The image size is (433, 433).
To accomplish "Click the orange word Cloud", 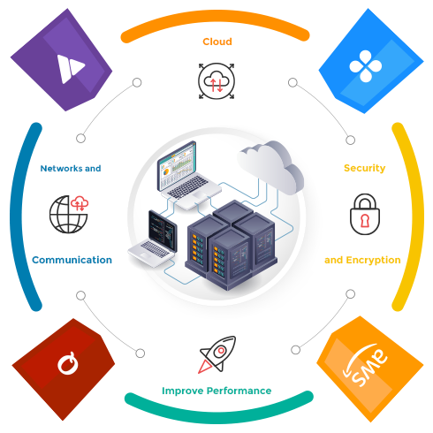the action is pos(217,42).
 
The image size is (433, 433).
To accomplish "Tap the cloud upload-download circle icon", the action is pos(216,80).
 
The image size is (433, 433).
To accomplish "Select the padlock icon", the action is pos(365,214).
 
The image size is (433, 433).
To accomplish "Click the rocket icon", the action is pos(217,354).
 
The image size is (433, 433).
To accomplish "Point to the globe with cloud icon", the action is pos(69,214).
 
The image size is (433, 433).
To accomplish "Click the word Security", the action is pos(365,168).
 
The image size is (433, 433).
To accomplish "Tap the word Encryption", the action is pos(373,260).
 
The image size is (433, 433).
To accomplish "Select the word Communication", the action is pos(72,260).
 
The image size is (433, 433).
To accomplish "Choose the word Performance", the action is pos(239,391).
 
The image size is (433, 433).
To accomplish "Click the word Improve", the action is pos(183,391).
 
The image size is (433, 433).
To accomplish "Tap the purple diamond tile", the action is pos(61,60).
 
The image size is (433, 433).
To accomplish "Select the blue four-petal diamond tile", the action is pos(371,61).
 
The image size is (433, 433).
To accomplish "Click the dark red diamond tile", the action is pos(64,369).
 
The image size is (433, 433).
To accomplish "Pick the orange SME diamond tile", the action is pos(370,368).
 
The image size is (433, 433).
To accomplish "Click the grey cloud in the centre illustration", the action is pos(271,166).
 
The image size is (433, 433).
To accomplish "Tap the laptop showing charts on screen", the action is pos(188,176).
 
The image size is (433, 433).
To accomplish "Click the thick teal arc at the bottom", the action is pos(218,412).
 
